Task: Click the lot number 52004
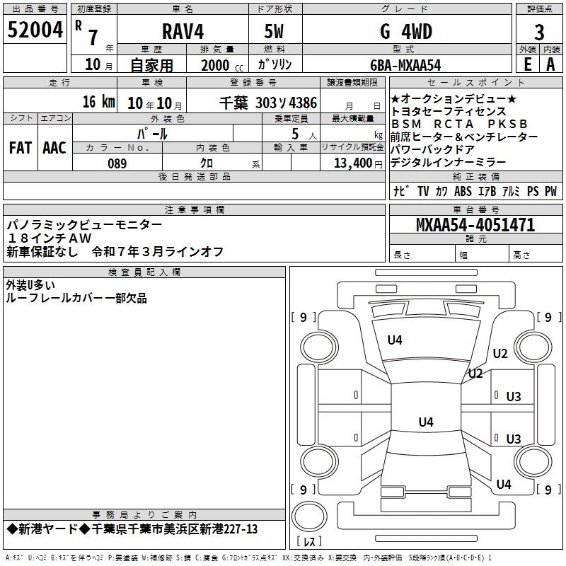[35, 30]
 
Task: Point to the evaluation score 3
[539, 32]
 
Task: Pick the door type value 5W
[275, 32]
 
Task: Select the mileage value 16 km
[98, 102]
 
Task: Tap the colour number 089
[117, 163]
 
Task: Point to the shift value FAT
[20, 148]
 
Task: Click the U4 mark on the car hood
[395, 340]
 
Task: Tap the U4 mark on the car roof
[425, 422]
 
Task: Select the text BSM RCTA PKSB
[459, 124]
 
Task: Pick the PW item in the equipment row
[550, 191]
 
